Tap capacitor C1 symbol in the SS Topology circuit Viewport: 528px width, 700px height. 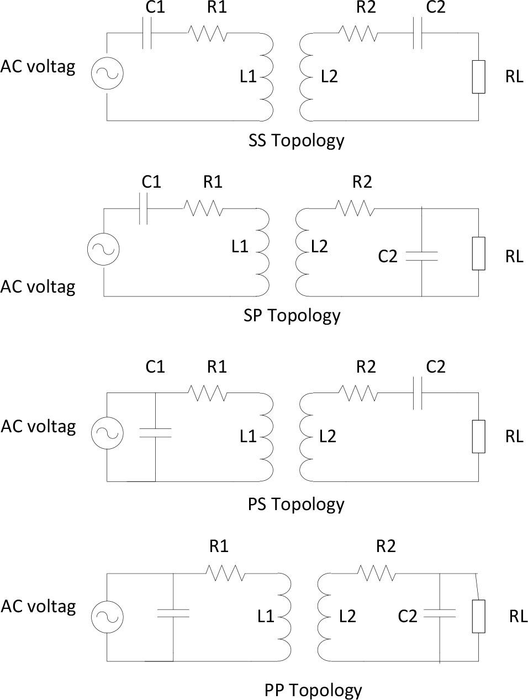(147, 34)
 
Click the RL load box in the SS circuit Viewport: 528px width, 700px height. (478, 77)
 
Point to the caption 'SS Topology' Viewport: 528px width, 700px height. (296, 140)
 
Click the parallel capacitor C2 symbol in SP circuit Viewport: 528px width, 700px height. (421, 256)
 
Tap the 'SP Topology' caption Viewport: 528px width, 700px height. (292, 315)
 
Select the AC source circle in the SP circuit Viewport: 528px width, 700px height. (103, 249)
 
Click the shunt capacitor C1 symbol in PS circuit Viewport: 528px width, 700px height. (155, 433)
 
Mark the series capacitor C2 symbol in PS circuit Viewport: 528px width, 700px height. (418, 394)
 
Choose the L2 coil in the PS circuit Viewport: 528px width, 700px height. (307, 436)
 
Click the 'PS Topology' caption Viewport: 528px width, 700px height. (296, 504)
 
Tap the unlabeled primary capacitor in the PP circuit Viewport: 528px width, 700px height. (173, 613)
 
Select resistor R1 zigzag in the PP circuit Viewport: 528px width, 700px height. (225, 573)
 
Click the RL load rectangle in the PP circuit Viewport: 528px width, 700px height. (478, 616)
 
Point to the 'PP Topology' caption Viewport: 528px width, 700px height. (313, 690)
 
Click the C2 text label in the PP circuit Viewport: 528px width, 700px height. (407, 616)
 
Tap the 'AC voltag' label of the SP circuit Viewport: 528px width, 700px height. (38, 287)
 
